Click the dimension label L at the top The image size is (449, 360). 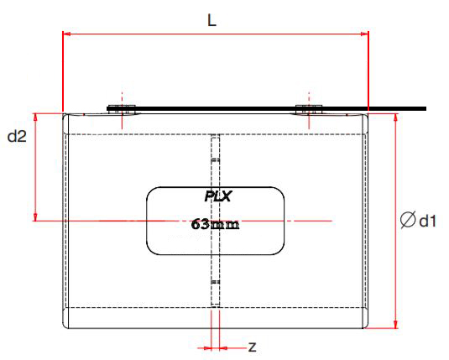pyautogui.click(x=212, y=20)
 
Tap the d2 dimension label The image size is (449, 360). pyautogui.click(x=17, y=136)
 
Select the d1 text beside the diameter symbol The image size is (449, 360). pyautogui.click(x=427, y=221)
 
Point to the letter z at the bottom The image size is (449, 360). pyautogui.click(x=252, y=346)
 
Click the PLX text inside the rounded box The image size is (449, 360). pyautogui.click(x=217, y=197)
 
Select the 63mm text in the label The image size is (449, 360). pyautogui.click(x=216, y=224)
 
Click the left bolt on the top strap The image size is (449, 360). pyautogui.click(x=122, y=108)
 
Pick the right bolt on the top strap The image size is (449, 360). pyautogui.click(x=309, y=108)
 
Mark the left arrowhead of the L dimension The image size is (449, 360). pyautogui.click(x=68, y=34)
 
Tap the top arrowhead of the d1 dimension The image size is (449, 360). pyautogui.click(x=394, y=117)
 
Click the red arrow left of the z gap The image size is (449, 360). pyautogui.click(x=205, y=346)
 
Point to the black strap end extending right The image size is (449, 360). pyautogui.click(x=420, y=108)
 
